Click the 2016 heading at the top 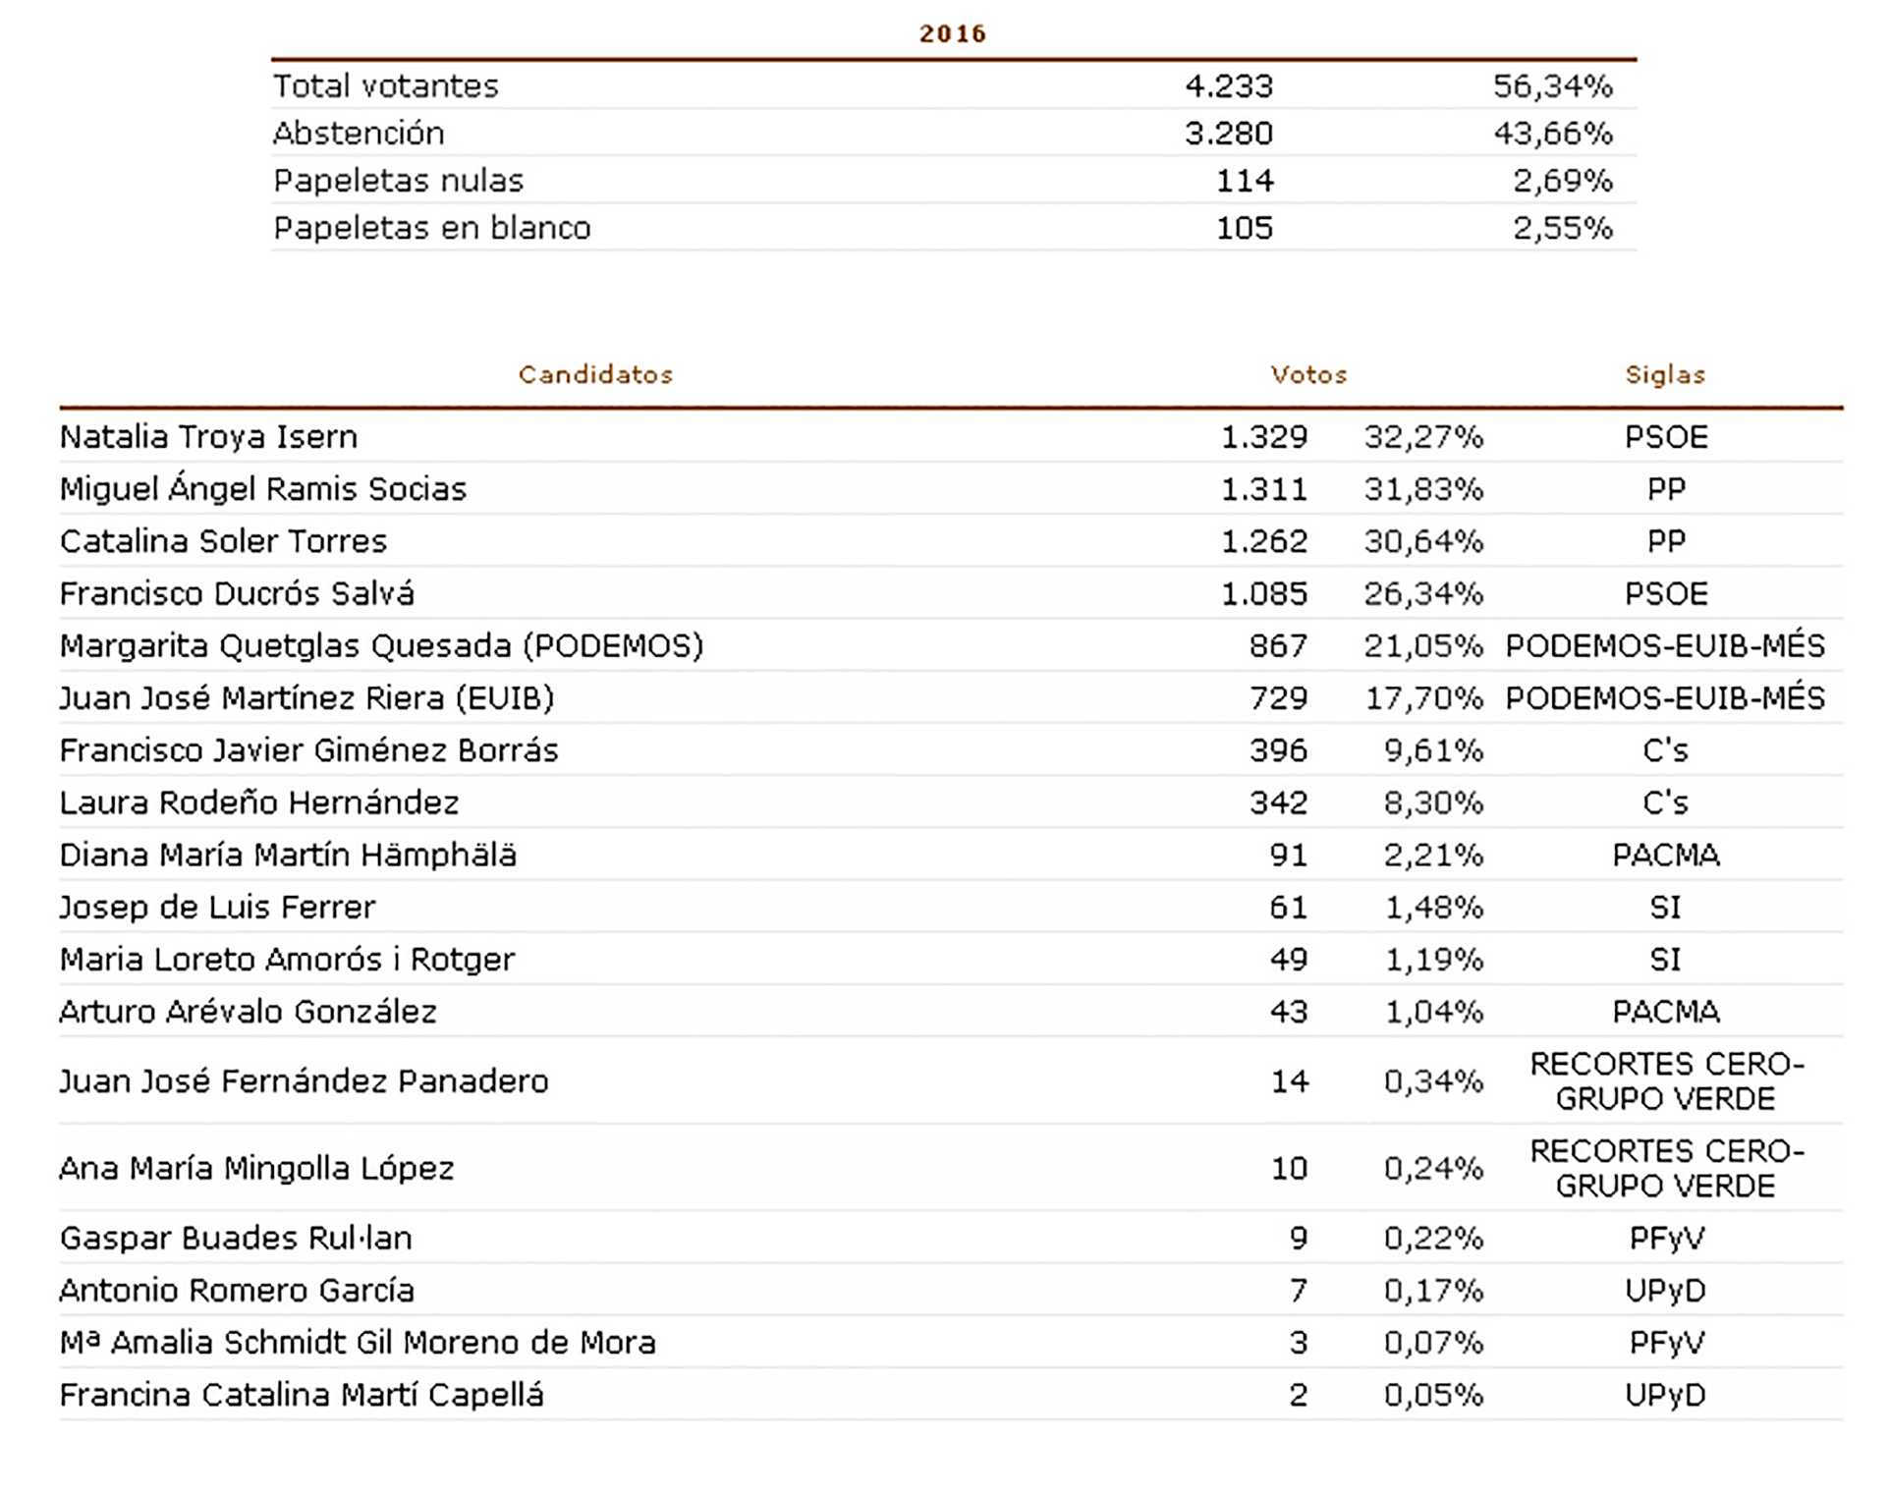click(952, 33)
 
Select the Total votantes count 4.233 click(1228, 86)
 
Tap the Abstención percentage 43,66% click(1553, 134)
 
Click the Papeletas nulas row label click(398, 181)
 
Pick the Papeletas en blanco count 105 click(1245, 228)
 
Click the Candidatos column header click(595, 374)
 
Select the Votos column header click(1308, 374)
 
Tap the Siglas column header click(1665, 374)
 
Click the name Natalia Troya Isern click(208, 437)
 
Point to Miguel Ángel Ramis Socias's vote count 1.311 click(1264, 489)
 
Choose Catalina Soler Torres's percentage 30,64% click(1423, 541)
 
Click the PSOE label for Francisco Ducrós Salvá click(1666, 593)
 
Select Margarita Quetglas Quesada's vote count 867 click(1278, 646)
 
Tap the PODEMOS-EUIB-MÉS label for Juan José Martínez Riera click(1665, 698)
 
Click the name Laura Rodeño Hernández click(259, 802)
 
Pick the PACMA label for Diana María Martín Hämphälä click(1666, 855)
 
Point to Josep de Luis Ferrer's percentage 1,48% click(1433, 908)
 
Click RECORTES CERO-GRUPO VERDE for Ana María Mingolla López click(1666, 1168)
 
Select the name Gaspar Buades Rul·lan click(236, 1238)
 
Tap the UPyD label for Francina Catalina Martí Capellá click(1665, 1395)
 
